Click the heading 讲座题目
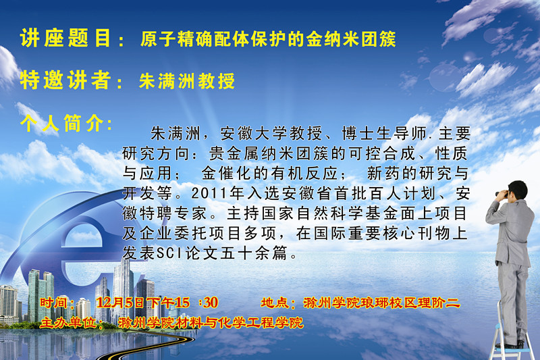pyautogui.click(x=65, y=38)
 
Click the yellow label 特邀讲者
pyautogui.click(x=65, y=80)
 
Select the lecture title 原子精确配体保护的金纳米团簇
pyautogui.click(x=268, y=38)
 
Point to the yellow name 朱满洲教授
pyautogui.click(x=187, y=81)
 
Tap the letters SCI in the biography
pyautogui.click(x=169, y=253)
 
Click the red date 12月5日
pyautogui.click(x=120, y=303)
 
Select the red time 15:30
pyautogui.click(x=196, y=303)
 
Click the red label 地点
pyautogui.click(x=275, y=303)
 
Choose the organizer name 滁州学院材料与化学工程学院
pyautogui.click(x=211, y=323)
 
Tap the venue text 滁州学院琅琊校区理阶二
pyautogui.click(x=381, y=303)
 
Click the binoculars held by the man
pyautogui.click(x=503, y=194)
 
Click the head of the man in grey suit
pyautogui.click(x=518, y=190)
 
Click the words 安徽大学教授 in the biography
pyautogui.click(x=271, y=133)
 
